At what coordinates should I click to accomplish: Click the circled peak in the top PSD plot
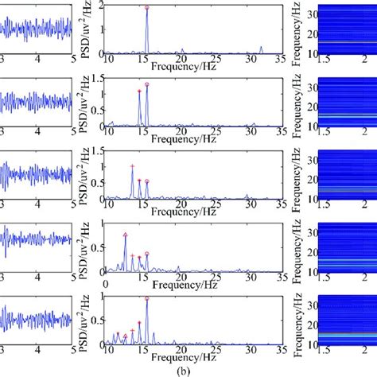point(147,8)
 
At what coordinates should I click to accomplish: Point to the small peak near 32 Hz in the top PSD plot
point(262,48)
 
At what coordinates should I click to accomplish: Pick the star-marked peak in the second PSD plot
point(139,91)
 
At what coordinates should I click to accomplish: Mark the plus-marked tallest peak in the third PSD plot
point(132,166)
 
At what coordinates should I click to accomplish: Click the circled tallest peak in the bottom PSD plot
point(147,298)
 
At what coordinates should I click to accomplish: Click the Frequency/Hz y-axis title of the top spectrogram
point(295,28)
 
